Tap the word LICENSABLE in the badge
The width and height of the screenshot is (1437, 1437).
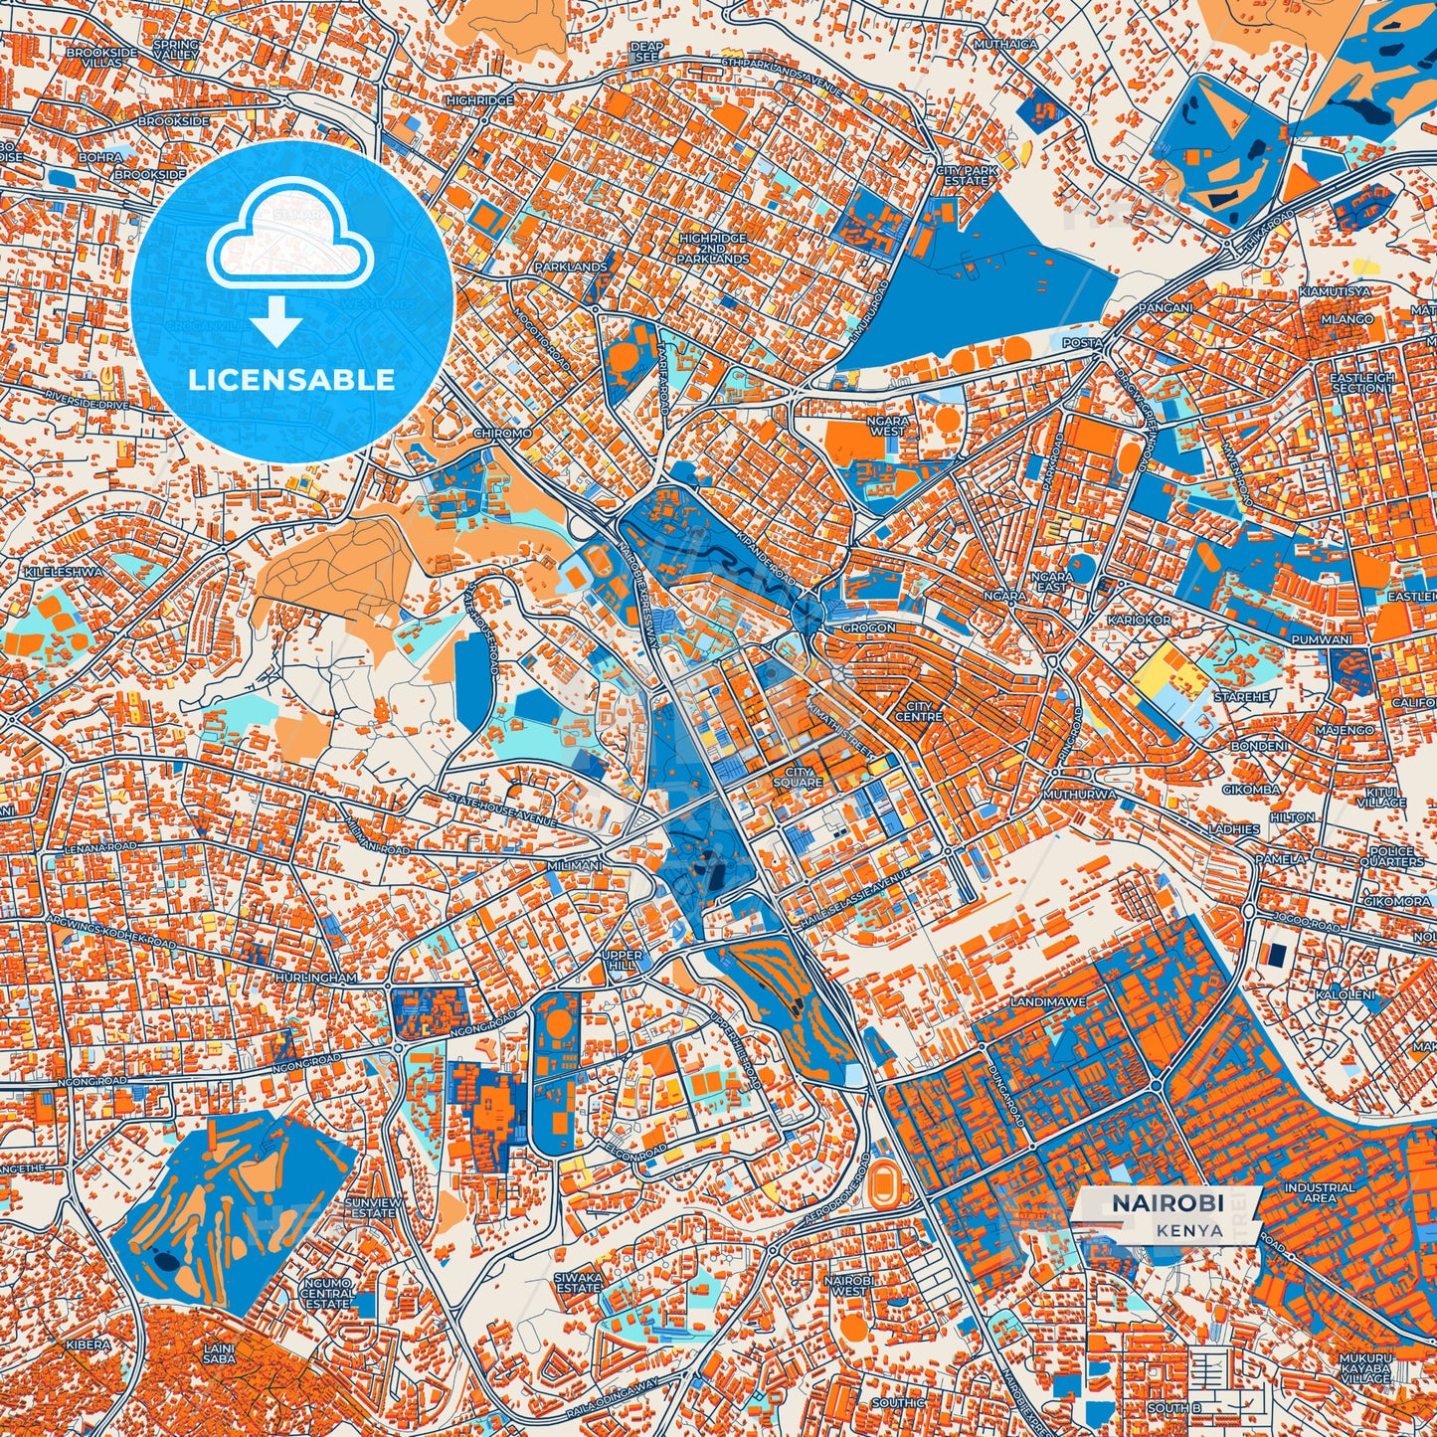click(x=291, y=380)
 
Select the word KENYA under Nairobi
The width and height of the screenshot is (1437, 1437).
click(x=1188, y=1229)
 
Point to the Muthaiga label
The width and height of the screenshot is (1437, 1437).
click(x=1005, y=45)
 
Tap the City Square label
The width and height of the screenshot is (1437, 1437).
click(x=804, y=777)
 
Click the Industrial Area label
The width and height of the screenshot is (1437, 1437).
click(x=1319, y=1192)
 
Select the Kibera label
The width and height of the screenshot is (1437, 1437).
click(x=88, y=1345)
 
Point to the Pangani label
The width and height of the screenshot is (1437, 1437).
click(x=1165, y=308)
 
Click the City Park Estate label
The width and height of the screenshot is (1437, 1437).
click(x=966, y=176)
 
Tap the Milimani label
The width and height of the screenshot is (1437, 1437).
click(x=574, y=866)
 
